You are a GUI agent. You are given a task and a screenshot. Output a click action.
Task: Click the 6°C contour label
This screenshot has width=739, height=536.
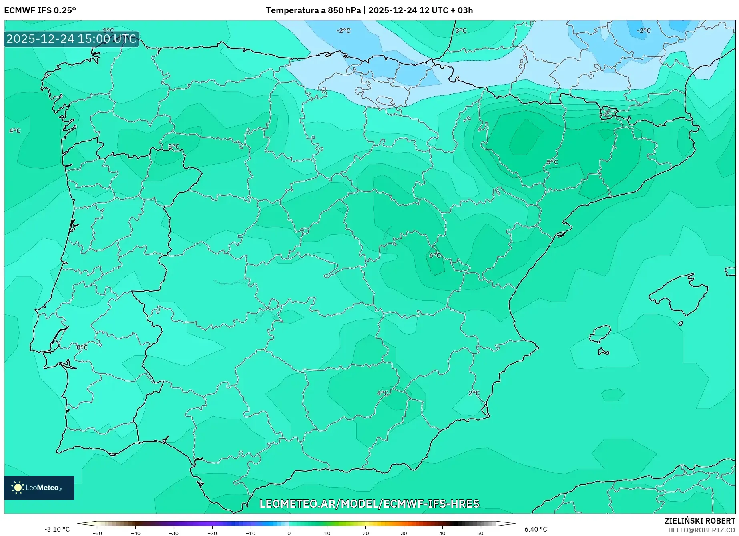[435, 256]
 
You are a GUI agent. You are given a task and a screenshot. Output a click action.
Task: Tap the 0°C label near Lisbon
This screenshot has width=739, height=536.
[82, 347]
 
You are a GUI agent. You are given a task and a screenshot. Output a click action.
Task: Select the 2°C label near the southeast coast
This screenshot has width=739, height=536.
[474, 393]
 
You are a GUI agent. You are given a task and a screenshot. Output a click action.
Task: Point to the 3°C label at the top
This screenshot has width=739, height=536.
[461, 30]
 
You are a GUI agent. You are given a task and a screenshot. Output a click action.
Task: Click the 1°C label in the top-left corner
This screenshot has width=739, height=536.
[108, 30]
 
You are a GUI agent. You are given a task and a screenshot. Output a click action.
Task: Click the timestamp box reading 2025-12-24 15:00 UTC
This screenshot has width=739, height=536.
[71, 39]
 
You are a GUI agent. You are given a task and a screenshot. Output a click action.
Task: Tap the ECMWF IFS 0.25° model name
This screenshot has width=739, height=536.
[40, 10]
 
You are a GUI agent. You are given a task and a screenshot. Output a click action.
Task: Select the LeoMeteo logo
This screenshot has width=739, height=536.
[39, 488]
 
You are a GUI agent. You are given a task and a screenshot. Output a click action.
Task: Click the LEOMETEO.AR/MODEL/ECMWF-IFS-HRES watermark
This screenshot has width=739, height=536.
[369, 504]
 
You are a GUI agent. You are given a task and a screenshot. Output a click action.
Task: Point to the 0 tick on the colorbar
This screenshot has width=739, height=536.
[289, 533]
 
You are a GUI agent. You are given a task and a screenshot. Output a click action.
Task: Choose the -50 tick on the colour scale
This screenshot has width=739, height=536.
[97, 533]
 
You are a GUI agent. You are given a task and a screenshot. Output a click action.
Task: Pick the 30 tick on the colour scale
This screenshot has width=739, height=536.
[404, 533]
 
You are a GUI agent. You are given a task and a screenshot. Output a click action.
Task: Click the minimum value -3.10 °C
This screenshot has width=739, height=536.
[57, 529]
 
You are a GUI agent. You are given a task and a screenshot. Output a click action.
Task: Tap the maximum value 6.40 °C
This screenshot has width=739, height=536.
[536, 529]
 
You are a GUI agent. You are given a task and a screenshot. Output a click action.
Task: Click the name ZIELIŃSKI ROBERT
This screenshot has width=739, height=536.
[700, 521]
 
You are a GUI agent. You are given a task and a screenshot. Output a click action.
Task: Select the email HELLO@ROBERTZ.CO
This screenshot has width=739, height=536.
[701, 530]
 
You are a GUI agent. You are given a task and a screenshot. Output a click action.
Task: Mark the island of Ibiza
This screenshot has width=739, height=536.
[600, 333]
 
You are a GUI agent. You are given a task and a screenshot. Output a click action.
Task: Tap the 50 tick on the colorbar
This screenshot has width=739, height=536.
[480, 533]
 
